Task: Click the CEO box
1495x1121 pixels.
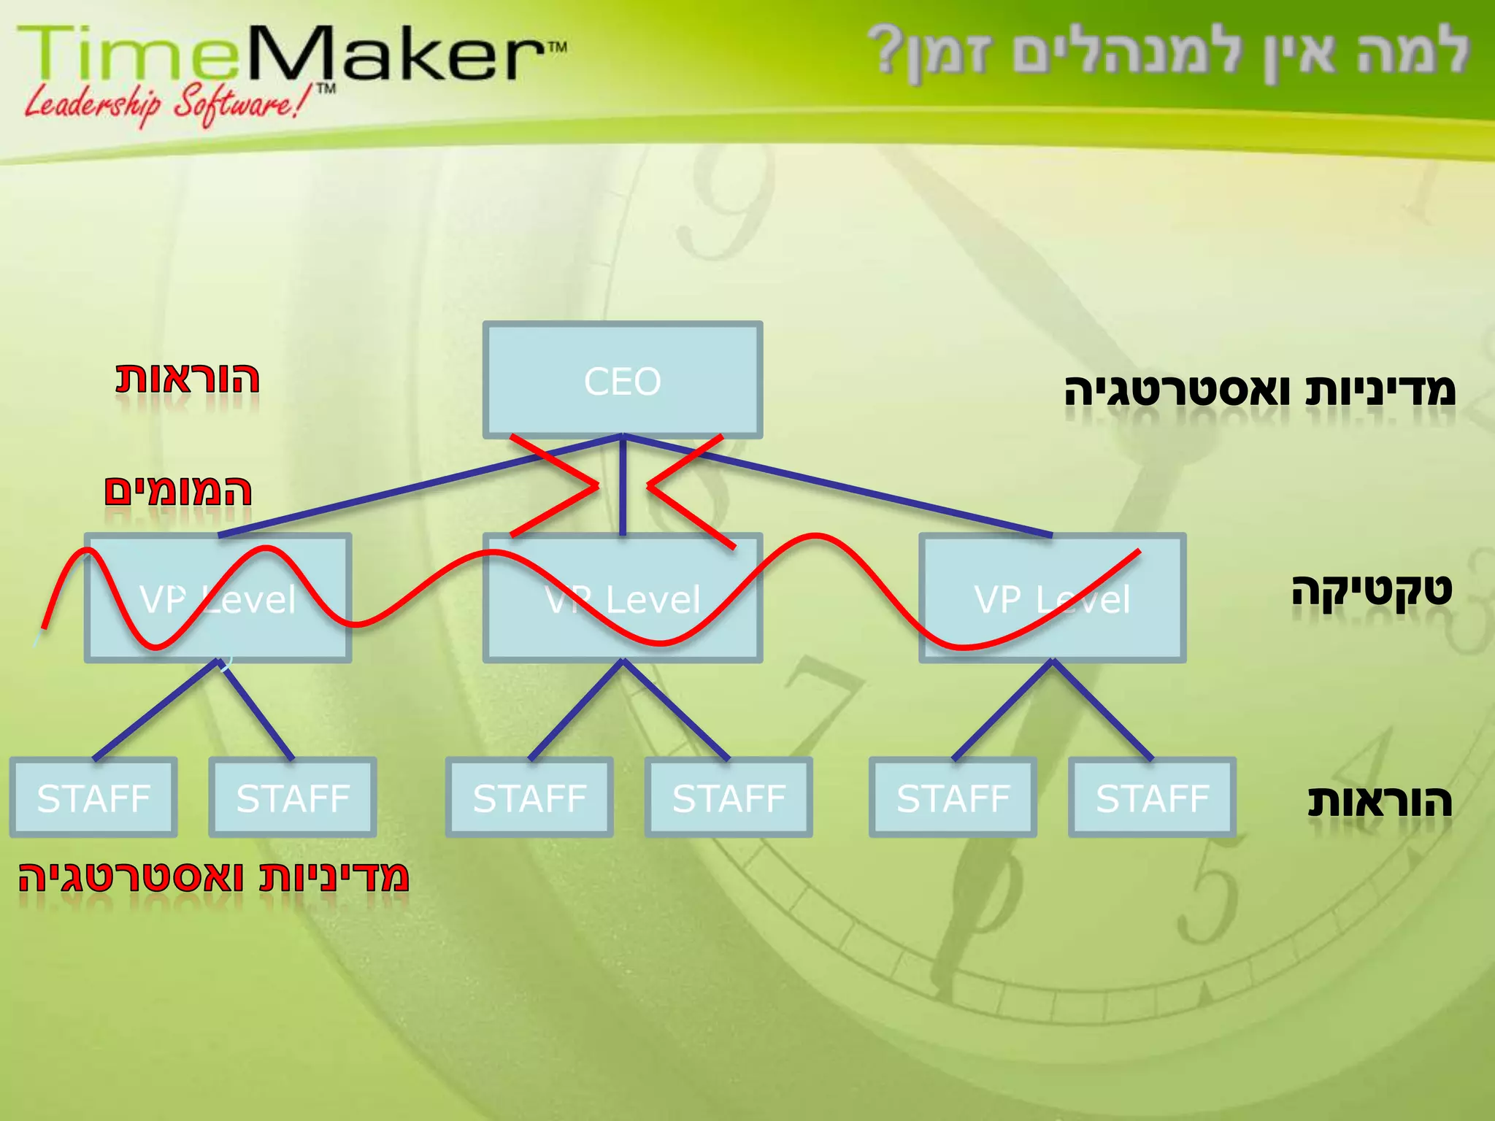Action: [623, 380]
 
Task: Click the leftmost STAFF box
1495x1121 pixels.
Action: [93, 798]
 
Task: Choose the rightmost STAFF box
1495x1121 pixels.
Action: [1152, 798]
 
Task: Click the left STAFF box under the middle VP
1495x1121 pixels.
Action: [529, 798]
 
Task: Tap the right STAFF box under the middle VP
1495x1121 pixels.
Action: [729, 798]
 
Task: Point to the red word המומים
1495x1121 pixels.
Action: [178, 491]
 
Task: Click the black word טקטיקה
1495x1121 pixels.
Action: [1371, 590]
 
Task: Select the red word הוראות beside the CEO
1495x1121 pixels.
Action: [188, 379]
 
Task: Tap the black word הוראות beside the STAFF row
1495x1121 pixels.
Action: [1379, 801]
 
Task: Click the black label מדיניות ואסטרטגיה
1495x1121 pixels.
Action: [1259, 390]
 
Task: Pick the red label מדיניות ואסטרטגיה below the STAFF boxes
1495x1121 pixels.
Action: [213, 877]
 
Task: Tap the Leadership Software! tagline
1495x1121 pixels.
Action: [172, 103]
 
